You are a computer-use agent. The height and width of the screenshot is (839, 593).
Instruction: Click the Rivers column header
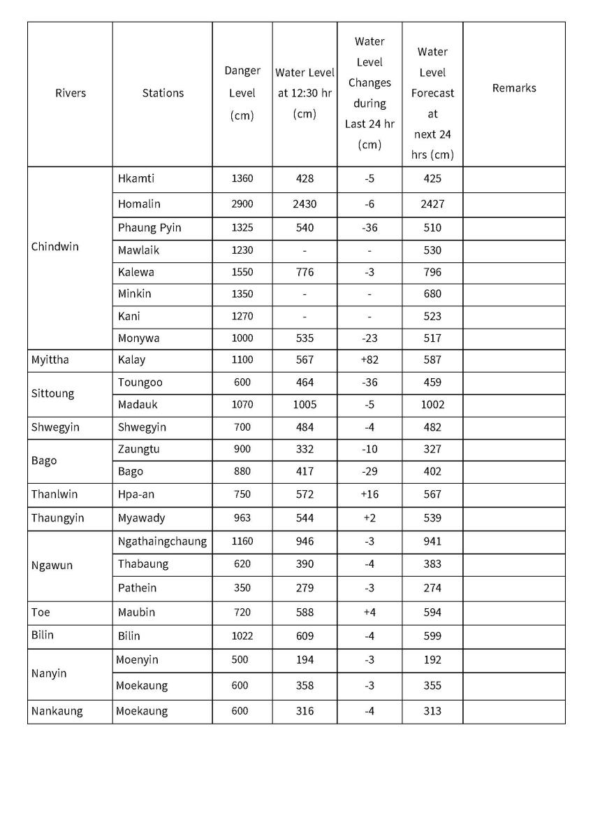pos(70,93)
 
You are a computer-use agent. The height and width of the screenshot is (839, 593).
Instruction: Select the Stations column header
pos(163,93)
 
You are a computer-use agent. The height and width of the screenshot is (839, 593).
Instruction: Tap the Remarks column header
pos(514,88)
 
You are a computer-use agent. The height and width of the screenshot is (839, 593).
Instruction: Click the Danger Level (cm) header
pos(242,93)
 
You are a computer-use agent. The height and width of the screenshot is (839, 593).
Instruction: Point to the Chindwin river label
pos(55,247)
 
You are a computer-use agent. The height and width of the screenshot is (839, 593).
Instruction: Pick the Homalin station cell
pos(139,204)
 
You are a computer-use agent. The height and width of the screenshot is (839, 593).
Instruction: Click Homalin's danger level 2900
pos(242,204)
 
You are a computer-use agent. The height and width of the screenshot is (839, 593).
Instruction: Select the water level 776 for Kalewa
pos(305,272)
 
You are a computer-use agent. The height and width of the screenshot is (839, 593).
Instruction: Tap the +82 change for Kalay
pos(369,360)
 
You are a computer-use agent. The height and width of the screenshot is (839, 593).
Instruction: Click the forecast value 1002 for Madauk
pos(432,404)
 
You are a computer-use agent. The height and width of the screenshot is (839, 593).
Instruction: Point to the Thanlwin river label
pos(54,494)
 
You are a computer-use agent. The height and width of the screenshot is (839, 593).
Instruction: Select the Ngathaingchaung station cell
pos(162,541)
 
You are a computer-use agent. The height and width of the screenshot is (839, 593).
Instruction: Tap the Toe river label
pos(41,612)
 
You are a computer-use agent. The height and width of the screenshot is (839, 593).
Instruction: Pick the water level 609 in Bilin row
pos(305,636)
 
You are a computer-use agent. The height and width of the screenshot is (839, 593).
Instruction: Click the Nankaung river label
pos(57,711)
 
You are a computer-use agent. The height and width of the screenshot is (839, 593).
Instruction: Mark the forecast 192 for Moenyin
pos(432,660)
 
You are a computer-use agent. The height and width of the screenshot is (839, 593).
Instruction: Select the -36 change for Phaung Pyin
pos(369,228)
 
